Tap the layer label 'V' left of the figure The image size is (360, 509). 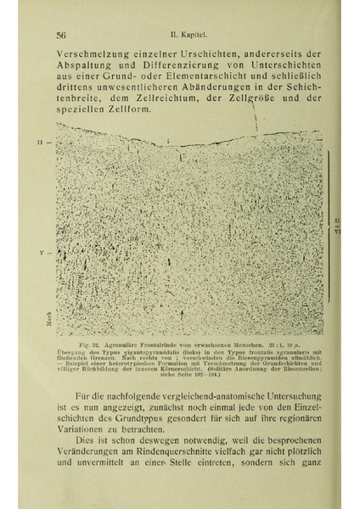point(40,254)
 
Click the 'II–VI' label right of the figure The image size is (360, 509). point(338,225)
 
